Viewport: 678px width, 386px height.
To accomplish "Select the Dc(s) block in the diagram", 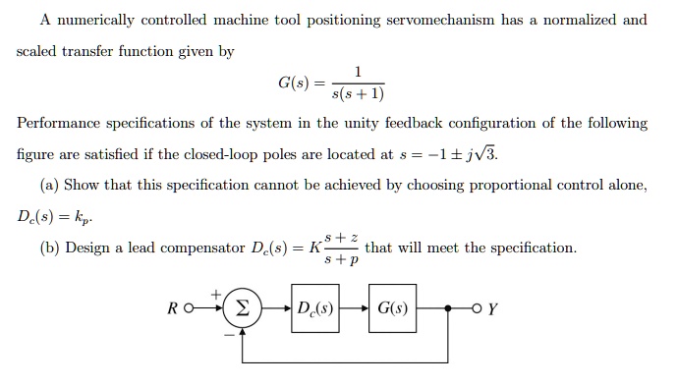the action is coord(315,309).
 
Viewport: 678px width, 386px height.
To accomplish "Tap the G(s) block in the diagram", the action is coord(392,309).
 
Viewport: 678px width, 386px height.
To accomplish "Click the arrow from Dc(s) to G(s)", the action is coord(355,309).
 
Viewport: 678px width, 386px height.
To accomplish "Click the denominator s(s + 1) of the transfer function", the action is coord(359,94).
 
